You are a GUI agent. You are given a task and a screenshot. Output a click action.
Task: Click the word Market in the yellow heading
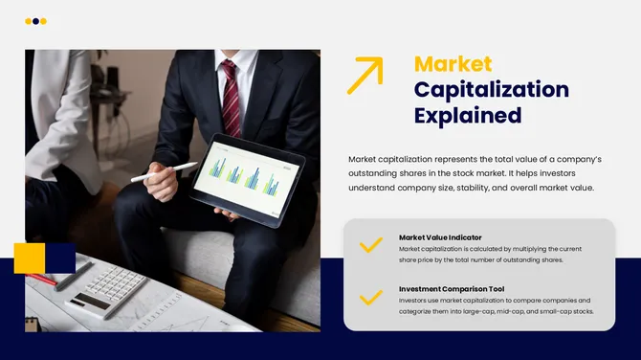(x=453, y=65)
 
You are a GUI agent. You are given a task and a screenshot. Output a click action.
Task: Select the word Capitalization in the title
(x=491, y=90)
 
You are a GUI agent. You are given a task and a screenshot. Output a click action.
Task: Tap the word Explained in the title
(x=467, y=116)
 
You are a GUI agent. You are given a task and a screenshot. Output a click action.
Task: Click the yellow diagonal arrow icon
(x=365, y=75)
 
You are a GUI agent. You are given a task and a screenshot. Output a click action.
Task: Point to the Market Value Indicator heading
(x=440, y=237)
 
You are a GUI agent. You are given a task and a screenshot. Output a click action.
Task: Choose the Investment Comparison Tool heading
(x=451, y=288)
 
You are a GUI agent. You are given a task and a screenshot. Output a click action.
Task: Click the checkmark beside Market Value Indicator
(x=370, y=245)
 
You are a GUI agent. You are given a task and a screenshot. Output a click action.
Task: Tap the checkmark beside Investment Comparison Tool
(x=370, y=297)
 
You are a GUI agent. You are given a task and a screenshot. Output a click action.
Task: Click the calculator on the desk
(x=107, y=290)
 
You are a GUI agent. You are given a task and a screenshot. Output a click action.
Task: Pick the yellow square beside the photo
(x=29, y=258)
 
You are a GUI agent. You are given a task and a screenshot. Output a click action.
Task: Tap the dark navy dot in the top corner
(x=36, y=21)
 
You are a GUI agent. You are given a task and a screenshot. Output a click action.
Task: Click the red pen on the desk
(x=42, y=280)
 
